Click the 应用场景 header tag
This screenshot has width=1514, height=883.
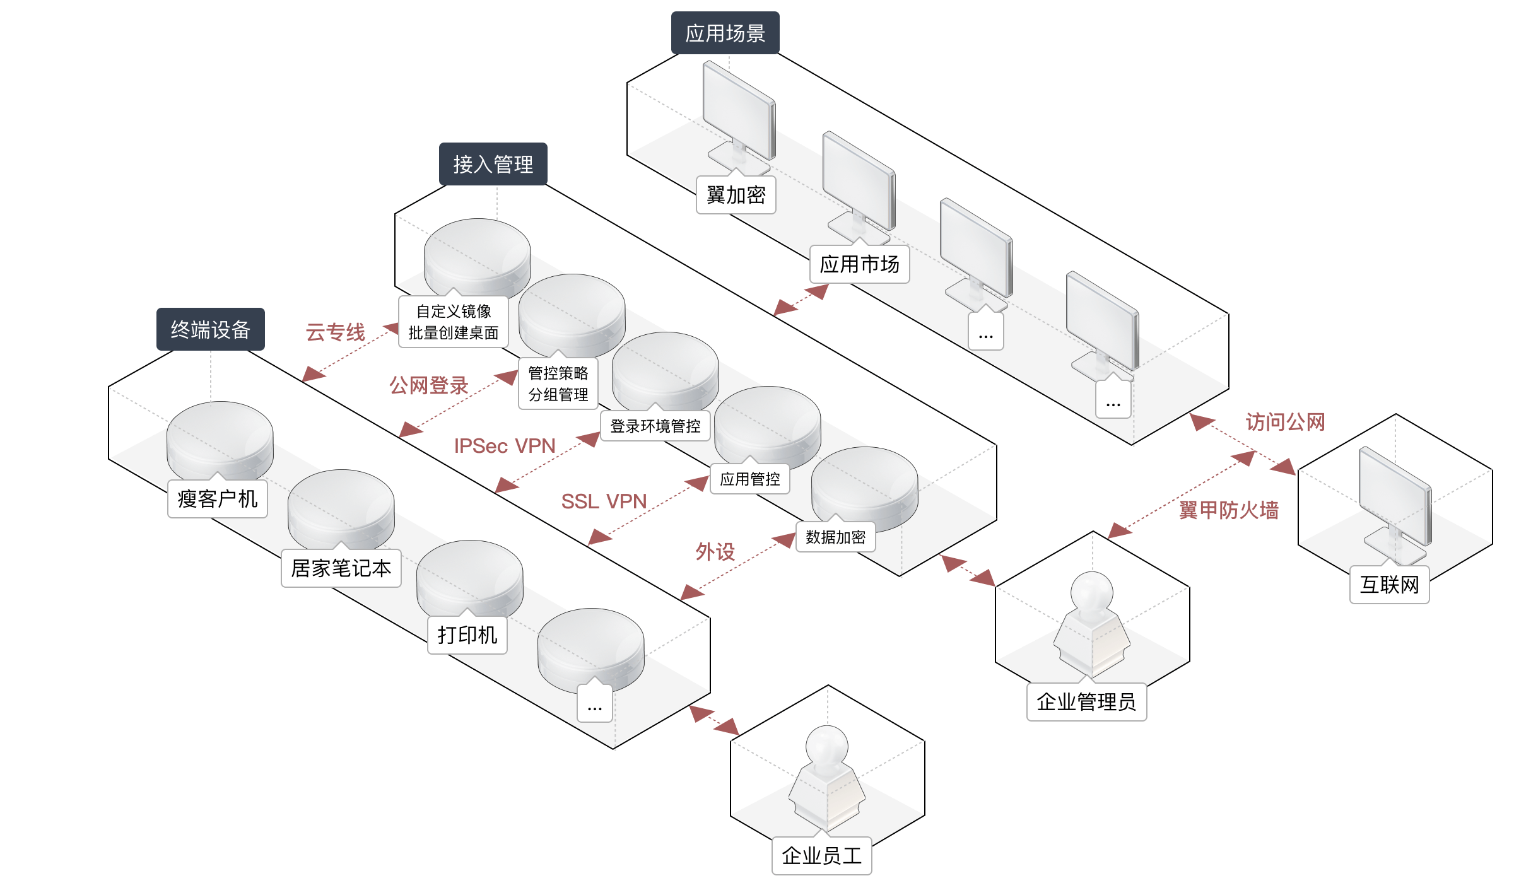tap(725, 33)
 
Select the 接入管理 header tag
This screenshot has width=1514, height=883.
tap(493, 164)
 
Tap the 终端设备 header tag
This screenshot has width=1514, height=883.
tap(210, 329)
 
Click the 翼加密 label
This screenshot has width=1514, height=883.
tap(736, 196)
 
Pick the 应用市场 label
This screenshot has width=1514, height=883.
tap(859, 264)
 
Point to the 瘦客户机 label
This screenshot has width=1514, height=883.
tap(217, 499)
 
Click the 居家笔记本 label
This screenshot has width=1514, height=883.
tap(341, 568)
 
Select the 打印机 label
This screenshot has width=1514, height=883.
tap(467, 635)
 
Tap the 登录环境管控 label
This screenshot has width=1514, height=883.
tap(655, 426)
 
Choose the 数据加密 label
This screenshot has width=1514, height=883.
tap(835, 537)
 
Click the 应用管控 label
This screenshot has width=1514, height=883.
tap(749, 479)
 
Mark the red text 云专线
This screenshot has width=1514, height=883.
tap(335, 332)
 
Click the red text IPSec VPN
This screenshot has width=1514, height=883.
tap(505, 446)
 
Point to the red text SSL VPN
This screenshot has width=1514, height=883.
tap(604, 501)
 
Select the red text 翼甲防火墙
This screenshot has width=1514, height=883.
tap(1229, 510)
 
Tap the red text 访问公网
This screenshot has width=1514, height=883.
tap(1285, 422)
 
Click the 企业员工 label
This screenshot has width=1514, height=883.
tap(821, 856)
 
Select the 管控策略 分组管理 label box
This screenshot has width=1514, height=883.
tap(558, 384)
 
